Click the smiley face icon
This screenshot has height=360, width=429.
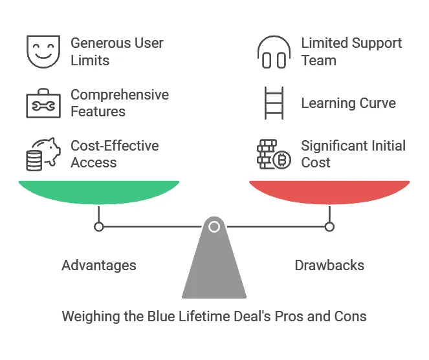point(43,52)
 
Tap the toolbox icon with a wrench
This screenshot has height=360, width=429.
point(43,103)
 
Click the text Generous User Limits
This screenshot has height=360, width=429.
point(116,52)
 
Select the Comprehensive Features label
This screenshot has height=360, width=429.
point(119,103)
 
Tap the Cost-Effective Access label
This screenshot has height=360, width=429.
point(114,154)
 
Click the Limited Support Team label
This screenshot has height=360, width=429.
point(351,52)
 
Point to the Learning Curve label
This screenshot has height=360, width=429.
point(348,103)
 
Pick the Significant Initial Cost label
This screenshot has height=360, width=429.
point(353,154)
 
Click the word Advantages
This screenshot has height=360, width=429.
point(99,266)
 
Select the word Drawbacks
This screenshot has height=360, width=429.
point(329,266)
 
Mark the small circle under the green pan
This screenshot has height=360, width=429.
point(99,227)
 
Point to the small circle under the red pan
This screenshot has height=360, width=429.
point(329,227)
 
